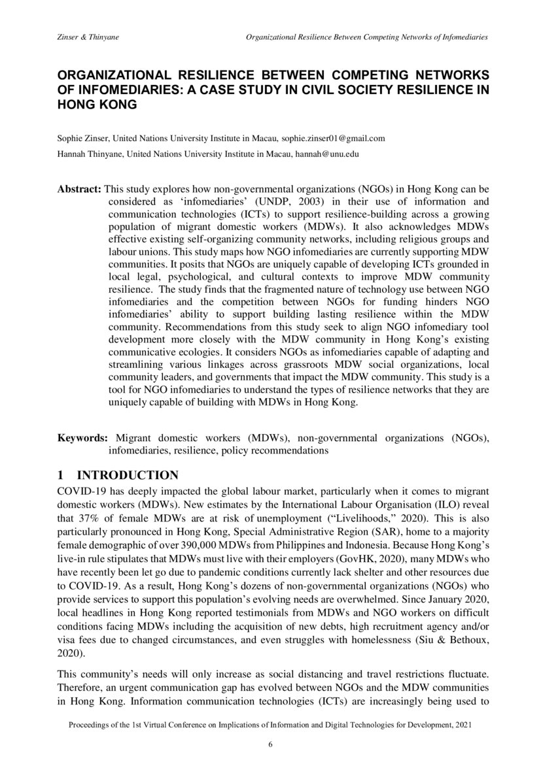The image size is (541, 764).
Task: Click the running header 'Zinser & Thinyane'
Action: coord(88,38)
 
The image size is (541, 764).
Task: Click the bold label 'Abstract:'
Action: coord(79,189)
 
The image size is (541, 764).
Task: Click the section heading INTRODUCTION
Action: coord(128,475)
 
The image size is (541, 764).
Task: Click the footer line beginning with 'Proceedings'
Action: coord(270,725)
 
